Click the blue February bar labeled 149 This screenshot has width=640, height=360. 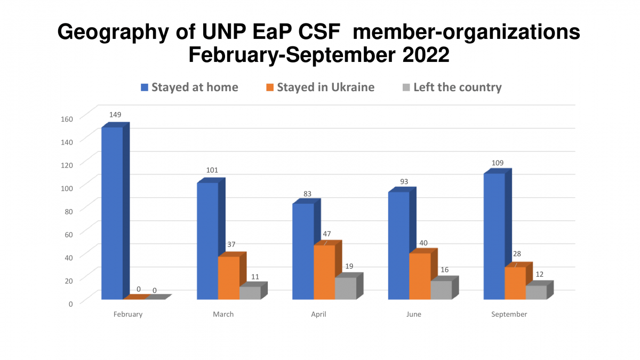point(112,213)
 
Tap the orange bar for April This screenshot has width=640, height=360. point(324,272)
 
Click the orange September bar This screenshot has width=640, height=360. point(515,283)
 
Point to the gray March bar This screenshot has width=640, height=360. point(250,293)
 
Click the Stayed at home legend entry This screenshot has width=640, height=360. point(189,87)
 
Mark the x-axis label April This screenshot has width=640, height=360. point(318,314)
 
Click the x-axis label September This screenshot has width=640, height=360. point(509,314)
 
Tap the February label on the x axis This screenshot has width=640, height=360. point(128,314)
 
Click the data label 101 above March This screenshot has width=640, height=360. point(212,171)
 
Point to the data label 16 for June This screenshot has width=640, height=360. point(444,270)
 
